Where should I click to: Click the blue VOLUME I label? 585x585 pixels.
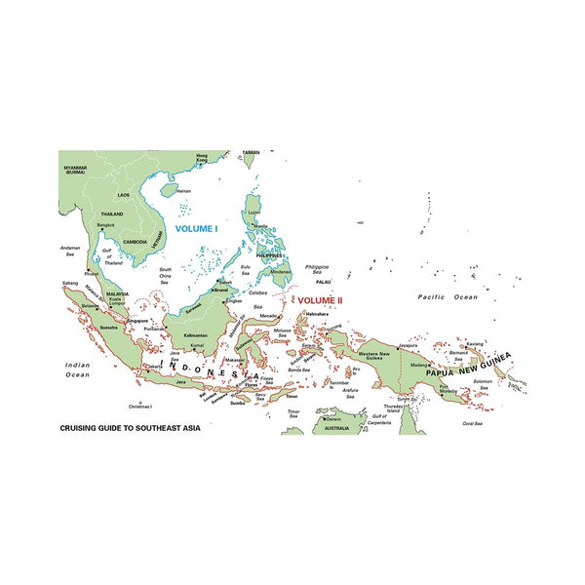click(196, 228)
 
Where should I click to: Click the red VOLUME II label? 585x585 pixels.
click(322, 300)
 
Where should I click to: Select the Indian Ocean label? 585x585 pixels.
click(77, 369)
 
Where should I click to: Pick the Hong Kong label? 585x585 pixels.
click(203, 158)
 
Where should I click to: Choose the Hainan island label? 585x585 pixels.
click(183, 191)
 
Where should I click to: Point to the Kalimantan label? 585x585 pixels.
click(195, 335)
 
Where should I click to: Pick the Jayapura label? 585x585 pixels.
click(408, 344)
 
